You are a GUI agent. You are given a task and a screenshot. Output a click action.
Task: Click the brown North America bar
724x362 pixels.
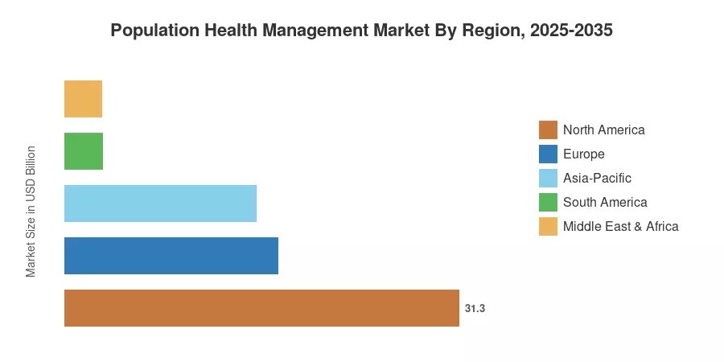(x=261, y=308)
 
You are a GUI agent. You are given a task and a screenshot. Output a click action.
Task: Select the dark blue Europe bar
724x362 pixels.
(x=171, y=256)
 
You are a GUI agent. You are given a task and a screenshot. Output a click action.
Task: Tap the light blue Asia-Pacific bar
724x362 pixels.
(x=160, y=204)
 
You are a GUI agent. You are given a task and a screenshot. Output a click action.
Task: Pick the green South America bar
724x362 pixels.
(x=84, y=151)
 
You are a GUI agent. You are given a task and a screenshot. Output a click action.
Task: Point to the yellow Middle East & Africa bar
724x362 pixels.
(x=83, y=99)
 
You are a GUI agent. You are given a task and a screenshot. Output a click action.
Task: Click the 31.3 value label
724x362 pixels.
(x=475, y=308)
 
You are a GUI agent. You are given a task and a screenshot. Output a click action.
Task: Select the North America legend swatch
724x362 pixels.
(x=548, y=130)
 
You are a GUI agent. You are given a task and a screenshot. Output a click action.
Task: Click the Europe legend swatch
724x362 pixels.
(x=548, y=154)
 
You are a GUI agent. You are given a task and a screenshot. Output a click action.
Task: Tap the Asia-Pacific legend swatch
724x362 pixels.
(x=548, y=178)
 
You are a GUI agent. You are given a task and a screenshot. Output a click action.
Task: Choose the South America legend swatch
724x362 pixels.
(x=548, y=202)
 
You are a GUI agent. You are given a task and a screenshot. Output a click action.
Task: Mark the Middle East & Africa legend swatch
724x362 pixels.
(x=548, y=226)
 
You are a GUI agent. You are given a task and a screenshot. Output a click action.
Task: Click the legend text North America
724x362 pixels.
(x=604, y=130)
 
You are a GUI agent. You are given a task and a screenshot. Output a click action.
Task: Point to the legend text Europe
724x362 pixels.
(x=584, y=154)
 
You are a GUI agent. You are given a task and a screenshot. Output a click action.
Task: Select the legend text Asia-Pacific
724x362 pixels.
(x=597, y=179)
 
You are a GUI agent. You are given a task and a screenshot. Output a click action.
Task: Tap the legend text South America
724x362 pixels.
(x=605, y=202)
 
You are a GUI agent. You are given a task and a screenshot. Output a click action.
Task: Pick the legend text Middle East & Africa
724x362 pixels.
(x=621, y=226)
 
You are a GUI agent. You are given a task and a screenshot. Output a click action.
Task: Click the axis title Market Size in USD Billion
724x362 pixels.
(x=31, y=212)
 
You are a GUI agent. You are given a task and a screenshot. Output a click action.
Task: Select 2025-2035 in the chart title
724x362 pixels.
(x=572, y=31)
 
